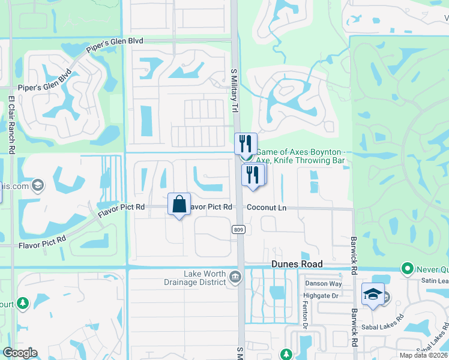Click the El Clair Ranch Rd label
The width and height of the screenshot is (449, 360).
[11, 125]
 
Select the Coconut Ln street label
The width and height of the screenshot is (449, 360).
[267, 208]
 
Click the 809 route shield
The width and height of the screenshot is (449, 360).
[237, 229]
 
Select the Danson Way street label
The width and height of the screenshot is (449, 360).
[324, 284]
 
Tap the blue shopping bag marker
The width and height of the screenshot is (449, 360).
[179, 204]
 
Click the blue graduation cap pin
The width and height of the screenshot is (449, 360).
[373, 294]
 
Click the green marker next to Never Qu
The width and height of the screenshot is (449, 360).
[408, 268]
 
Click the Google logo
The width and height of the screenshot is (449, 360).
[20, 353]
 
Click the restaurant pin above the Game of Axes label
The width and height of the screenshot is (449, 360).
[245, 144]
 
